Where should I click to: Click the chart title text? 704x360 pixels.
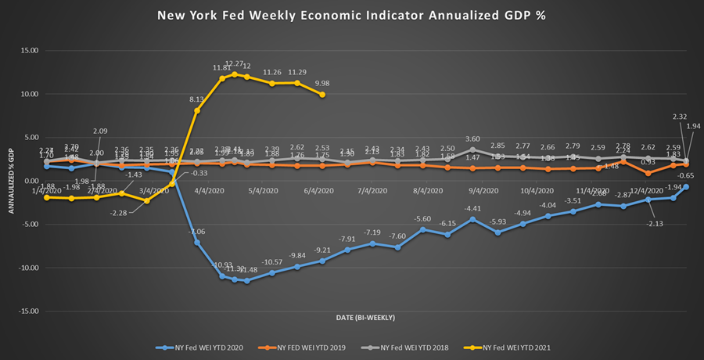pyautogui.click(x=352, y=16)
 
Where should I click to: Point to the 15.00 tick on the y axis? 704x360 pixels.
pyautogui.click(x=28, y=51)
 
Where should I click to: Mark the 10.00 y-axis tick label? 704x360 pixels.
pyautogui.click(x=28, y=94)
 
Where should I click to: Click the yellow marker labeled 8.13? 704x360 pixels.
pyautogui.click(x=196, y=110)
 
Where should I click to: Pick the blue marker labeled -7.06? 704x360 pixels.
pyautogui.click(x=196, y=242)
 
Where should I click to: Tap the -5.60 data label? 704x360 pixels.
pyautogui.click(x=422, y=219)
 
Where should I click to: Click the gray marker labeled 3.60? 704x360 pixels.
pyautogui.click(x=472, y=149)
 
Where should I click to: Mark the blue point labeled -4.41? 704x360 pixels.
pyautogui.click(x=472, y=219)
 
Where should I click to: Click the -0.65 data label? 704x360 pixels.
pyautogui.click(x=686, y=175)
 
